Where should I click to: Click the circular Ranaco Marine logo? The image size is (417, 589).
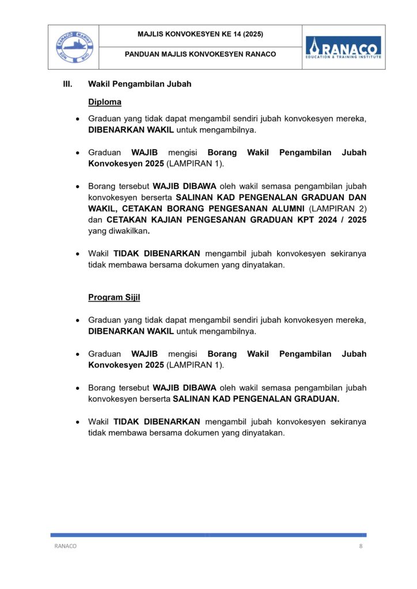point(73,47)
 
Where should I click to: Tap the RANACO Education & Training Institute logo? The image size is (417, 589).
point(343,47)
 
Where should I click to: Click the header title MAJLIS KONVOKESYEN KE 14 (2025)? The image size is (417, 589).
point(200,35)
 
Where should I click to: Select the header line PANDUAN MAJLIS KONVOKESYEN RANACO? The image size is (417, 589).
point(200,55)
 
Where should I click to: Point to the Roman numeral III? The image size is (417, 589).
point(67,84)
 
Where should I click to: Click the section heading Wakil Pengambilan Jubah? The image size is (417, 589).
point(139,84)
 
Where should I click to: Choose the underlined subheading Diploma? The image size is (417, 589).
point(104,102)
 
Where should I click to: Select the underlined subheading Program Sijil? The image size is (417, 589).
point(114,297)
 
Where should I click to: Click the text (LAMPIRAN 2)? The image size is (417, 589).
point(338,208)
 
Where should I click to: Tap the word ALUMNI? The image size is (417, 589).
point(289,208)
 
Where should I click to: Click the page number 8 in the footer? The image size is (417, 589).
point(361,546)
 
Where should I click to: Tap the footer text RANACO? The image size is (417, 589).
point(65,546)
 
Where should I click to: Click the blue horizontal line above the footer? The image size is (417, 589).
point(208,534)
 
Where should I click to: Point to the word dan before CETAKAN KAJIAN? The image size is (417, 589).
point(95,220)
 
